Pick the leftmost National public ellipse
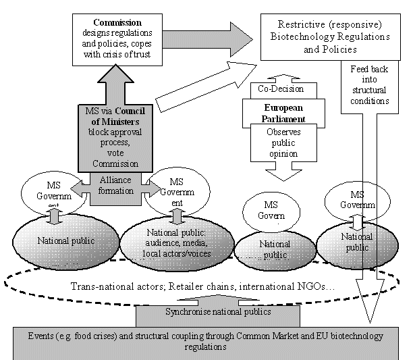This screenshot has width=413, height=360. (57, 240)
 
